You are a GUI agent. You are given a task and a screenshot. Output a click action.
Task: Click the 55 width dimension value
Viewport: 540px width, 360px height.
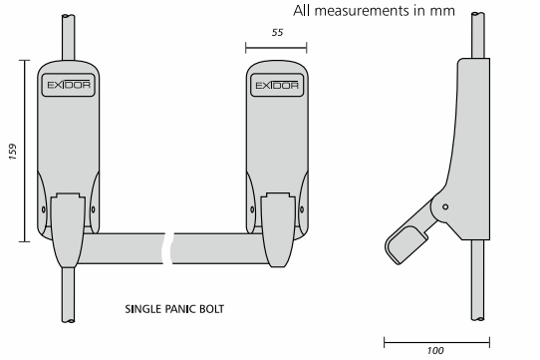coord(276,32)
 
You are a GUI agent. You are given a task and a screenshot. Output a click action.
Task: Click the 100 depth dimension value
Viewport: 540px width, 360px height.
coord(434,350)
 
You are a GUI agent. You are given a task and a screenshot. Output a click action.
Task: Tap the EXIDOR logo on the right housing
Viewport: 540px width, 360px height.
coord(276,87)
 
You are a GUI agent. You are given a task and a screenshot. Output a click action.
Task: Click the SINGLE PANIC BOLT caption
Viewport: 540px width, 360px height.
coord(174,309)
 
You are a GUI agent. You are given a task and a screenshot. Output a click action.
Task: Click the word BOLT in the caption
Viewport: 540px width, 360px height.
coord(209,309)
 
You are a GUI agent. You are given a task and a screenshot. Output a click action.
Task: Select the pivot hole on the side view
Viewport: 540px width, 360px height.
coord(445,206)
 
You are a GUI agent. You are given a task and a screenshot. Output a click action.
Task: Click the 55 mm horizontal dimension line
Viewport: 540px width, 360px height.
coord(276,45)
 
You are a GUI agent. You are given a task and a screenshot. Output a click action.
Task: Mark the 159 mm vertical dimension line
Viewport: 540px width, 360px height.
coord(24,150)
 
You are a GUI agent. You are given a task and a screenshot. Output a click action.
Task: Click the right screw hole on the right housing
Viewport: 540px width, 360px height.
coord(300,209)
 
